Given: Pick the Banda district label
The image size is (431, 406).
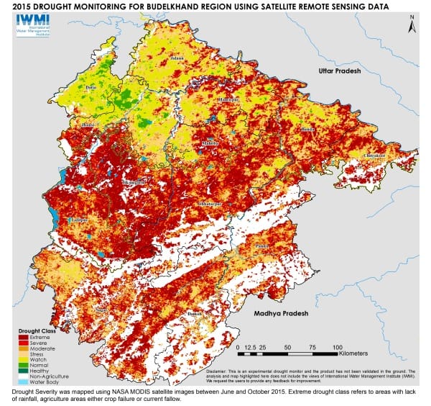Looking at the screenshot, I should [x=307, y=130].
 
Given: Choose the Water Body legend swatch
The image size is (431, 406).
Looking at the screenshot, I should [x=23, y=382].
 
